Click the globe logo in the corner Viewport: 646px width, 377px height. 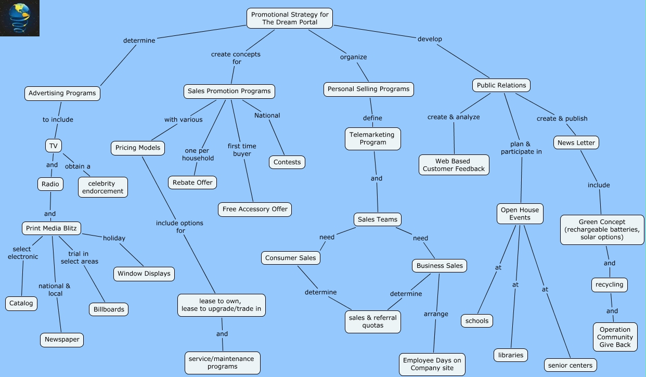(20, 18)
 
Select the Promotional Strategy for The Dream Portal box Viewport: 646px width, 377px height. (290, 18)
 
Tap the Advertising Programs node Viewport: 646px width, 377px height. (62, 93)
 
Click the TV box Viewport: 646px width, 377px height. (53, 146)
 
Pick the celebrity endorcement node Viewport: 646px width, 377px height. (102, 187)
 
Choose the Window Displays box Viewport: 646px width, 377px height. (144, 274)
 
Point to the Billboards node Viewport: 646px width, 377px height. (109, 309)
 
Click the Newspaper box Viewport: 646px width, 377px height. (62, 340)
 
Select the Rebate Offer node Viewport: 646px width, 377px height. (192, 183)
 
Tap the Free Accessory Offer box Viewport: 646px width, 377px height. (255, 209)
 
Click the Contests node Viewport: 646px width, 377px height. (287, 162)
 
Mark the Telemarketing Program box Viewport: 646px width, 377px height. (372, 138)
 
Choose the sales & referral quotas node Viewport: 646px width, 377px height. (373, 321)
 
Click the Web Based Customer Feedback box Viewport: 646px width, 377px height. (454, 165)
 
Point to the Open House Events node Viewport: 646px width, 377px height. (520, 214)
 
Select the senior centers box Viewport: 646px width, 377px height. (570, 365)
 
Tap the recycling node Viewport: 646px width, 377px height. (609, 285)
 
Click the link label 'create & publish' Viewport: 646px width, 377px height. (562, 119)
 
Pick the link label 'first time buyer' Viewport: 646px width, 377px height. (242, 150)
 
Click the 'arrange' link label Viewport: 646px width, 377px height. (436, 314)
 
